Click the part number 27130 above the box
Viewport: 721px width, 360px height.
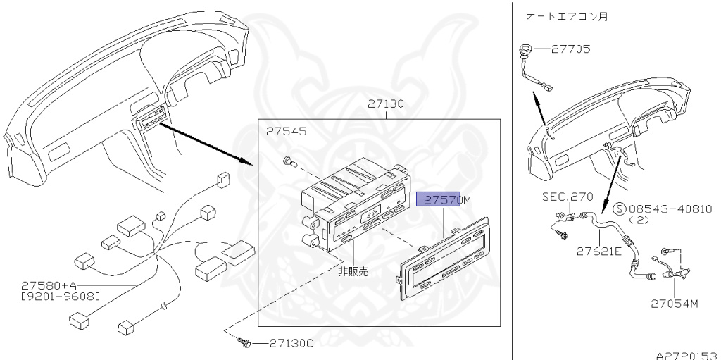[386, 104]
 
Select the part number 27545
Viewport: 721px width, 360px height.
[286, 132]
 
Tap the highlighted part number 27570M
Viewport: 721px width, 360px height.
[444, 200]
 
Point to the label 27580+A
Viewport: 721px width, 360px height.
[50, 285]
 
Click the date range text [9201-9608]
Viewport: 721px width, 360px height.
[60, 296]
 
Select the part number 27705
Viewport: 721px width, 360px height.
[571, 49]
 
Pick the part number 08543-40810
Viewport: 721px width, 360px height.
[670, 209]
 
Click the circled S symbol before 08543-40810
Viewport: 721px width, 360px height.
[620, 209]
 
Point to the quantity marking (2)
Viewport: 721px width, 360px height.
[638, 220]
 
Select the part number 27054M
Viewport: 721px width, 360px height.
[674, 304]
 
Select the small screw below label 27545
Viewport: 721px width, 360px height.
[288, 162]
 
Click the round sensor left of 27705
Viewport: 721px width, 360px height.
[525, 50]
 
